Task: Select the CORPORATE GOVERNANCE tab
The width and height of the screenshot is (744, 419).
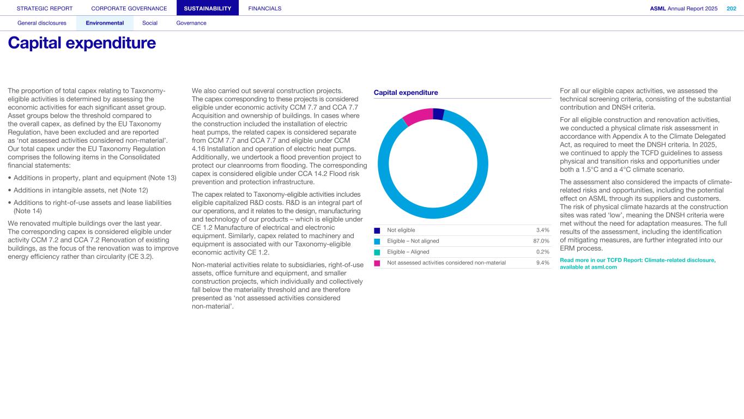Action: tap(129, 8)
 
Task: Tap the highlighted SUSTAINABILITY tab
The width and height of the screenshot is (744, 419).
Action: tap(208, 8)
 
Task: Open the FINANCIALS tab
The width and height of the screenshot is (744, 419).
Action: tap(265, 8)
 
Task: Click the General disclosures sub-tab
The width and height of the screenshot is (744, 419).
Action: tap(42, 23)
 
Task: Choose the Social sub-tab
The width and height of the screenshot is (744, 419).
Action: tap(150, 23)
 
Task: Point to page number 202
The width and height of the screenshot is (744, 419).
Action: tap(731, 8)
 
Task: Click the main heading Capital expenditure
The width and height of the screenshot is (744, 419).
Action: tap(82, 43)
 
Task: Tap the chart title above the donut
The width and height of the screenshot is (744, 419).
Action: tap(406, 93)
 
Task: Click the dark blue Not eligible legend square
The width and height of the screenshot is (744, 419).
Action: tap(377, 230)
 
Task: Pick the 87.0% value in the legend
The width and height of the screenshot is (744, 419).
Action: tap(541, 241)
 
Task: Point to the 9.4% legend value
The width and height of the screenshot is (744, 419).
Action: tap(542, 263)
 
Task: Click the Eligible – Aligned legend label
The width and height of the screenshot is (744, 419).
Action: tap(408, 252)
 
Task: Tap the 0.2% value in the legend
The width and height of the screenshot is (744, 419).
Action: tap(542, 252)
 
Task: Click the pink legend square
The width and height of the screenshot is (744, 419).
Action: tap(377, 263)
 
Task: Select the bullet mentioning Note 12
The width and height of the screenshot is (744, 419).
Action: tap(80, 190)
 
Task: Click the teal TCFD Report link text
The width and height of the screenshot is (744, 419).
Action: tap(638, 264)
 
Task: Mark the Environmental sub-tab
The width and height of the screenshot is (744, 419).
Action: tap(105, 23)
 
